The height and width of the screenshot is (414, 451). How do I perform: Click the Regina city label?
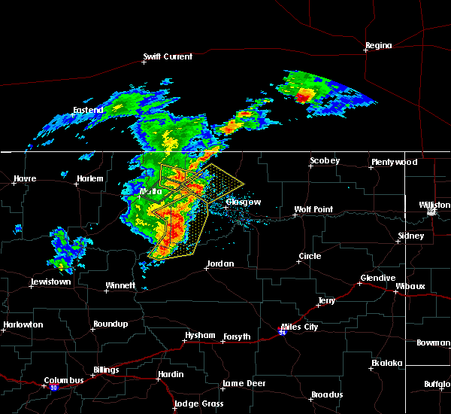coord(378,46)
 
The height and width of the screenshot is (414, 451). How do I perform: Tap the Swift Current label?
coord(168,56)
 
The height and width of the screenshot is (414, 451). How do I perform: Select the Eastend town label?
coord(87,111)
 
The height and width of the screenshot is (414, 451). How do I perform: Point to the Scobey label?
coord(325,161)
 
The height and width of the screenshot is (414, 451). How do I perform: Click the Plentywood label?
coord(393,163)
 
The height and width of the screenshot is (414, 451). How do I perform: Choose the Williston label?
coord(434,205)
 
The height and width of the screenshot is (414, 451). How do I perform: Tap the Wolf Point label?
coord(313,210)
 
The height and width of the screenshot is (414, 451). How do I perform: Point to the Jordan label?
coord(220,264)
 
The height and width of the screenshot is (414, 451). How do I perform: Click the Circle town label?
coord(310,257)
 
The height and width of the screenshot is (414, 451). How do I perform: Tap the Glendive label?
coord(377,278)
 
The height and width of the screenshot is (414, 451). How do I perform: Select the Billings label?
coord(105,370)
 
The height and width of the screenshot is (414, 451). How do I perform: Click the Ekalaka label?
coord(388,364)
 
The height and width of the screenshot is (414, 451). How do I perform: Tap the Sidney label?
coord(411,236)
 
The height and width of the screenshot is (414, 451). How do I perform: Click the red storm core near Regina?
coord(304,95)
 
